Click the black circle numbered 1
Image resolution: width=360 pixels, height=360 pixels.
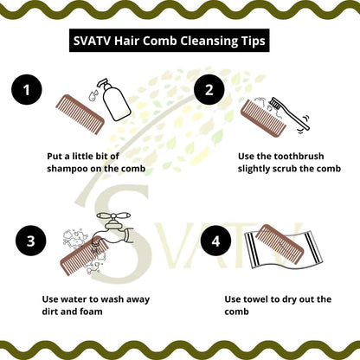[x=27, y=90]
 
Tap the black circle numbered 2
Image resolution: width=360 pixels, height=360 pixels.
[x=209, y=90]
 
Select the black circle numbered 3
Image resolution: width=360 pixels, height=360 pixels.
[x=31, y=241]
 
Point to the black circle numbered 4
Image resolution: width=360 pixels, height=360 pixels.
[x=216, y=241]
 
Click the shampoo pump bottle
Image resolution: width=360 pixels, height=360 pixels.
[x=115, y=101]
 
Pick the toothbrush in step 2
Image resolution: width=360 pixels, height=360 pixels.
[x=289, y=113]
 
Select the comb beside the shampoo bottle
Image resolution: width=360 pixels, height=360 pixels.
[x=80, y=114]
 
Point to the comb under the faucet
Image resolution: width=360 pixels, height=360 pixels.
[x=84, y=255]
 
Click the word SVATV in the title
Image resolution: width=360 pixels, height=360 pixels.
[x=92, y=41]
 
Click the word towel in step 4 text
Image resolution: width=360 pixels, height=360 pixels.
[x=255, y=299]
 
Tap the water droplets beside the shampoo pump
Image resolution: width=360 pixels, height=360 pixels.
[x=93, y=95]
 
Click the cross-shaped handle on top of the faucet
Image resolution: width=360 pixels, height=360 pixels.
[x=114, y=216]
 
